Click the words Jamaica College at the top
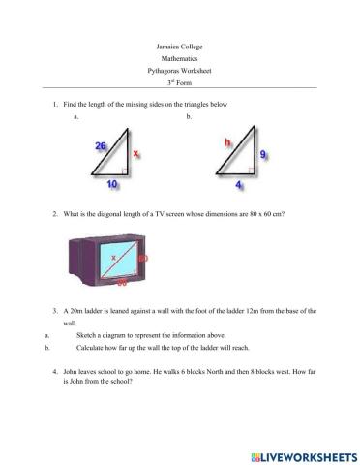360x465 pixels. (x=179, y=46)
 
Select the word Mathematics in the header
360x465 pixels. (x=179, y=58)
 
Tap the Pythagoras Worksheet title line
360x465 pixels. (x=179, y=71)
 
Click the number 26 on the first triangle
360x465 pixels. (x=101, y=145)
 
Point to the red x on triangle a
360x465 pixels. (x=135, y=153)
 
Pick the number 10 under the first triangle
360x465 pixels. (x=112, y=182)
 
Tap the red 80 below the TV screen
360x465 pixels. (x=122, y=285)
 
